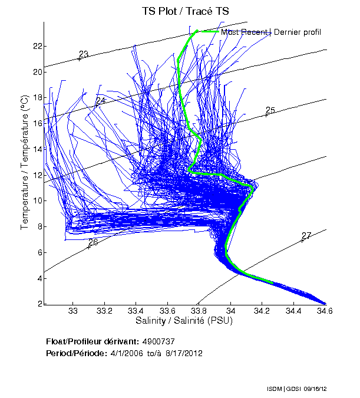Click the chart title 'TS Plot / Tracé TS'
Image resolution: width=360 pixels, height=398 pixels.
click(x=186, y=11)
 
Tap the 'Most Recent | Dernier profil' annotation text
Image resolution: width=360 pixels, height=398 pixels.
click(x=271, y=32)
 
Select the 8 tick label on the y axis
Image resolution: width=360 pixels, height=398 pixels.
click(x=38, y=226)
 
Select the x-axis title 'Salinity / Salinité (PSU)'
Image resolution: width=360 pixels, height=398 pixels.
click(x=185, y=321)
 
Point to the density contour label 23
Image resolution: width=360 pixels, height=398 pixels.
click(x=84, y=54)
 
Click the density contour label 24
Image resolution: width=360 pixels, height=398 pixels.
click(x=100, y=101)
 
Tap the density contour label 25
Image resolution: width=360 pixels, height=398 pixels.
click(x=270, y=110)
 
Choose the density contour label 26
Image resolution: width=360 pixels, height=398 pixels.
click(x=93, y=242)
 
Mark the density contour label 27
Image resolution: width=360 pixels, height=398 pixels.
click(x=306, y=236)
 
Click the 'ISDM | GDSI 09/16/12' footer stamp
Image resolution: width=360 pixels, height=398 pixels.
click(x=296, y=389)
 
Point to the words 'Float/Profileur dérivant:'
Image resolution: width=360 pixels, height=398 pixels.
click(x=92, y=341)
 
